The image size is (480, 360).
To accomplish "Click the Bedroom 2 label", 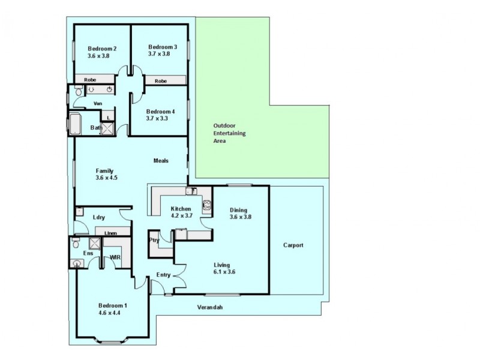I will tap(101, 49).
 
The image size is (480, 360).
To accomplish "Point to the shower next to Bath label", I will tap(107, 128).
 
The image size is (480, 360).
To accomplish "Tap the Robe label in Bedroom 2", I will tap(90, 79).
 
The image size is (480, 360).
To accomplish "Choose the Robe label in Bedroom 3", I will tap(160, 81).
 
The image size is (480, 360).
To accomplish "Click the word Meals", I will tap(161, 161).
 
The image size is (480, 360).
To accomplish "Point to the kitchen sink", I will tap(191, 191).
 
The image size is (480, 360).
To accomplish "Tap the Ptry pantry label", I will tap(154, 240).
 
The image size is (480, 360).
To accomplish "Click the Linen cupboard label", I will tap(110, 233).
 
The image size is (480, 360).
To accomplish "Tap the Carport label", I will tap(294, 245).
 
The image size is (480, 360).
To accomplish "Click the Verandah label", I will tap(210, 307).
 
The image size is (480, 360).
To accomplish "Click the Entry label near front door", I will tap(164, 275).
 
